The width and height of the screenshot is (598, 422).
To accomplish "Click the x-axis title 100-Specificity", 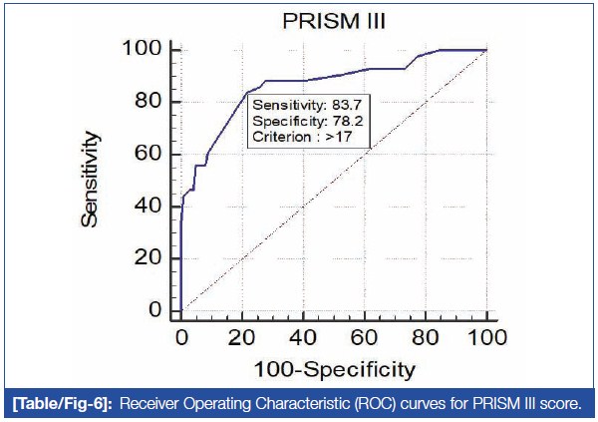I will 333,370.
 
